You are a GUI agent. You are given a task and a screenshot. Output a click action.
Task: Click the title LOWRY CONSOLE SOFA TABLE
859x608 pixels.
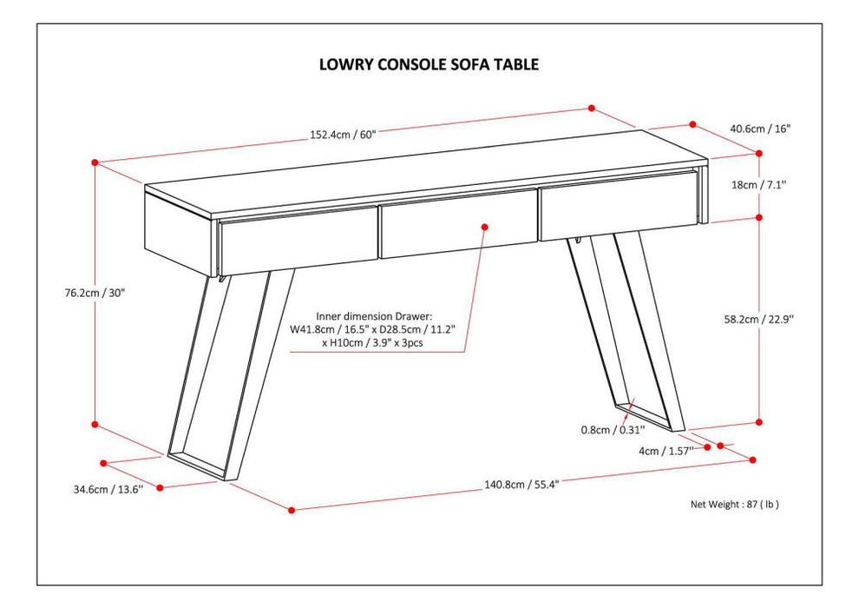point(429,63)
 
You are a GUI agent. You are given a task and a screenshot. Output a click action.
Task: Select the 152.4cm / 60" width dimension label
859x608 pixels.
point(344,135)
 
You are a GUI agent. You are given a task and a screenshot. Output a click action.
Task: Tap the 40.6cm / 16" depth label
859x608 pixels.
point(759,129)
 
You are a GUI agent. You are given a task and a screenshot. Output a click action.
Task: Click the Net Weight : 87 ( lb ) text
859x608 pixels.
point(734,504)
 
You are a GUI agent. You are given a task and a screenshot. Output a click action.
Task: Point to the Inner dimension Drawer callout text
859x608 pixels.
point(374,329)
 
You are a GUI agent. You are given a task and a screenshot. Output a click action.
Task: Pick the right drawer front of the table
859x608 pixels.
point(617,204)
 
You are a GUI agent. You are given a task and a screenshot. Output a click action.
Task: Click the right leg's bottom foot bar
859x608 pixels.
point(647,418)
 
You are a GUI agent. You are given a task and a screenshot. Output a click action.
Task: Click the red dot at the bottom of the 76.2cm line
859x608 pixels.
point(95,425)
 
